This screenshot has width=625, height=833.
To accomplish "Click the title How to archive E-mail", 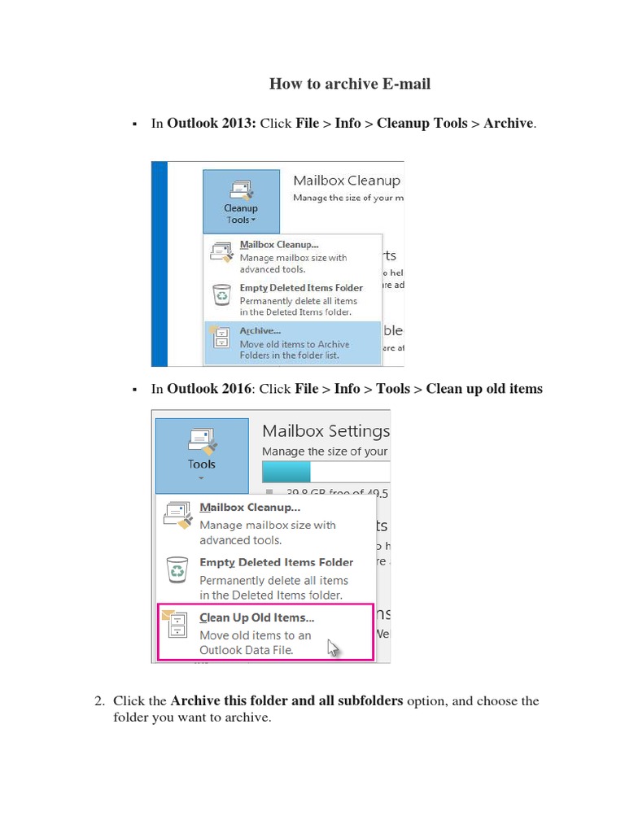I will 350,84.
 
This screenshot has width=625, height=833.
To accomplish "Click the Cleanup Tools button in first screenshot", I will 241,202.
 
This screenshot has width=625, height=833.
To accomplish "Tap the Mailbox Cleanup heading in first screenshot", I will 347,181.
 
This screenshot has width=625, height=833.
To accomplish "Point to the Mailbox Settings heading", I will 326,431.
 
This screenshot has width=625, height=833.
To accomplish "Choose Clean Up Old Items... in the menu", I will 257,617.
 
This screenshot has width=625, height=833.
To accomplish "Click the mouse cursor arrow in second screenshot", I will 332,648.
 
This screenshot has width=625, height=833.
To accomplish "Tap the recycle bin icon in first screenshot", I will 222,294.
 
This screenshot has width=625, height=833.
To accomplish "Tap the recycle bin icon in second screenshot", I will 177,569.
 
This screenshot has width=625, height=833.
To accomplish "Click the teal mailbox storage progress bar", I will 286,472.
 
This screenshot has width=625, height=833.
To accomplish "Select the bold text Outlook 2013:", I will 212,124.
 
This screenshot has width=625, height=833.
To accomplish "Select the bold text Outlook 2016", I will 209,389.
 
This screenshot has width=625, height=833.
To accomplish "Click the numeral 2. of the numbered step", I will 100,701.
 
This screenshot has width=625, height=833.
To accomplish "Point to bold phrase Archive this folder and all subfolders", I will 286,701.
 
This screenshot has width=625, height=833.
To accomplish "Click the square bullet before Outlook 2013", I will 133,124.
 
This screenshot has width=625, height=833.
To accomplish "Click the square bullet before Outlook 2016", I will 133,390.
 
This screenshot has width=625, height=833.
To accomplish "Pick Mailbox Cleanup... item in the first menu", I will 279,244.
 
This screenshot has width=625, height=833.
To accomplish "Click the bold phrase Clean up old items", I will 484,389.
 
